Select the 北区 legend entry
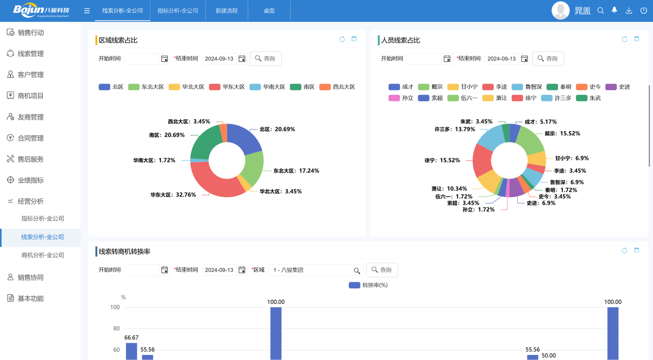click(x=111, y=87)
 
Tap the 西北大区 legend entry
click(x=337, y=87)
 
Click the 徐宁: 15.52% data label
click(x=442, y=160)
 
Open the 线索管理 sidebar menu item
click(x=31, y=54)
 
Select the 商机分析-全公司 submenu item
click(x=43, y=255)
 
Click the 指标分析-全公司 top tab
click(x=178, y=11)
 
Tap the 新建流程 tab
click(x=227, y=11)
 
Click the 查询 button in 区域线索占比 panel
click(x=266, y=59)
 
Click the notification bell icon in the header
click(x=614, y=10)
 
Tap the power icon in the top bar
click(x=644, y=11)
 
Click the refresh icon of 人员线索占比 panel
click(x=624, y=39)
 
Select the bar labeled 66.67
click(x=132, y=351)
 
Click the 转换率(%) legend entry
click(x=368, y=286)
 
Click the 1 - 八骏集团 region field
click(x=311, y=270)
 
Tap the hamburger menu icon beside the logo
click(x=87, y=11)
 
